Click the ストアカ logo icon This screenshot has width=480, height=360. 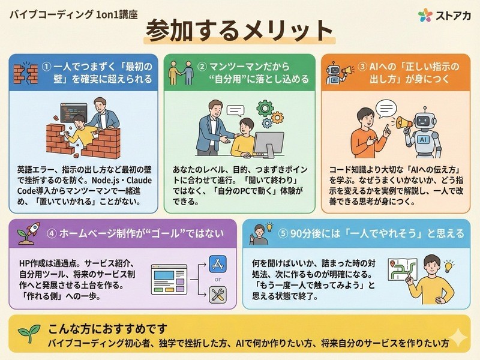point(425,15)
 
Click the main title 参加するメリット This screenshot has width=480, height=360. point(239,31)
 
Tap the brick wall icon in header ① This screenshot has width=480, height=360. point(25,73)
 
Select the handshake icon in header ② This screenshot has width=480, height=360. point(182,73)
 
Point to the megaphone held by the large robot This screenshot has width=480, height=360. point(404,123)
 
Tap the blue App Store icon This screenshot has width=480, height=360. point(218,264)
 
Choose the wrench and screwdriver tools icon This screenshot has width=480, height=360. point(218,295)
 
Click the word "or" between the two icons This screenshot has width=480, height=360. point(218,279)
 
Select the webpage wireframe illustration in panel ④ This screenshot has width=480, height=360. point(169,280)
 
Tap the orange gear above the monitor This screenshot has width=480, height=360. point(277,118)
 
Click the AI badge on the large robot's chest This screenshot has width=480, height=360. point(424,140)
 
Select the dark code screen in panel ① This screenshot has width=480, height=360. point(73,113)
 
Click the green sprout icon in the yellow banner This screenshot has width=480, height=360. point(29,333)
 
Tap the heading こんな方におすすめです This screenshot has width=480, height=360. point(107,329)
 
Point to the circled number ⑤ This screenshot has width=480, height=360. point(283,233)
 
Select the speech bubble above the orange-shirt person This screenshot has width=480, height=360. point(386,109)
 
